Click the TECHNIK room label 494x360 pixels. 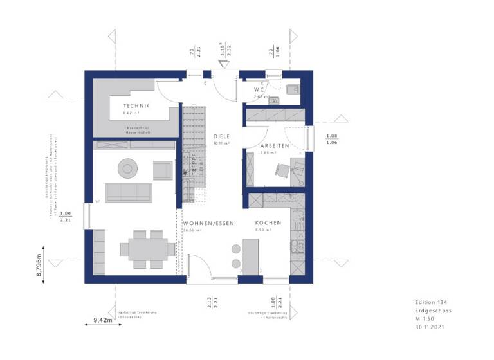(x=137, y=105)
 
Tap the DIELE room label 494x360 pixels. (x=222, y=136)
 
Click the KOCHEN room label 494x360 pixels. (x=268, y=222)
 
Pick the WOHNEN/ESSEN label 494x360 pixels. (x=206, y=222)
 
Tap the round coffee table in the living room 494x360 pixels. (x=127, y=168)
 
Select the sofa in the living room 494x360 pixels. (x=129, y=192)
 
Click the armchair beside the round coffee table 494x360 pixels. (x=162, y=170)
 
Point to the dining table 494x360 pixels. (x=147, y=248)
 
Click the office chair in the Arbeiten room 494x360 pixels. (x=284, y=169)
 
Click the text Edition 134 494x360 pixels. (x=430, y=301)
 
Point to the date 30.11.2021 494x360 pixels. (x=430, y=327)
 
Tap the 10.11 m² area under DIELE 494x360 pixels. (x=221, y=144)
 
